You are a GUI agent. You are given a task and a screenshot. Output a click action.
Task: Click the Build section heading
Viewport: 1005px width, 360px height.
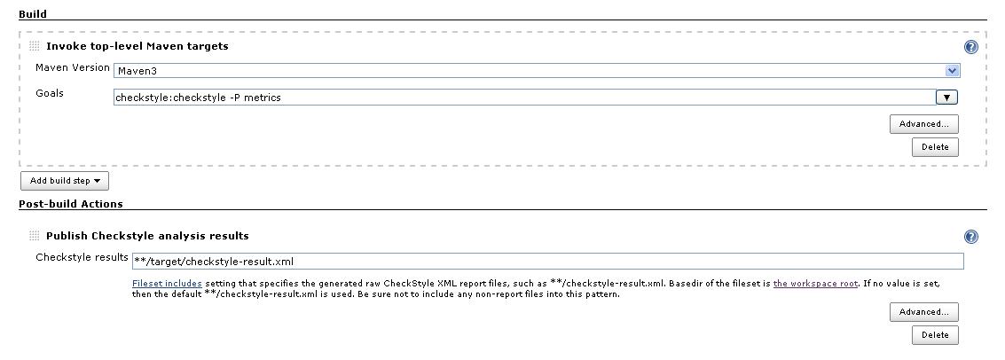point(33,14)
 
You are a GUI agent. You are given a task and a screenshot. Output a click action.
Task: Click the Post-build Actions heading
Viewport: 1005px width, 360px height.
point(71,204)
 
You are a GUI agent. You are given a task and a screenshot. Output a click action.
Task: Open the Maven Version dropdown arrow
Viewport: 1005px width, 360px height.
point(952,71)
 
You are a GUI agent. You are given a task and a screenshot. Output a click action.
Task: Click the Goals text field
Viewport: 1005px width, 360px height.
point(523,98)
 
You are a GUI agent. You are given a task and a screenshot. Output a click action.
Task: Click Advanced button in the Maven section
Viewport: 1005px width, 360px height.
point(923,124)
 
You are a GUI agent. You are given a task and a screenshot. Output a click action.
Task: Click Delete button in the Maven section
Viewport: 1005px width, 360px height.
point(934,147)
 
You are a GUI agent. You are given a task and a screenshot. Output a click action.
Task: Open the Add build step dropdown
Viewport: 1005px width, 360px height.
point(65,181)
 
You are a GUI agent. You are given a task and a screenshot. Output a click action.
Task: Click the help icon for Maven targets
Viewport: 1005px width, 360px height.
point(971,48)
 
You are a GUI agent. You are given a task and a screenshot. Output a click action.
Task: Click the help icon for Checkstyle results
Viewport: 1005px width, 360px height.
point(971,237)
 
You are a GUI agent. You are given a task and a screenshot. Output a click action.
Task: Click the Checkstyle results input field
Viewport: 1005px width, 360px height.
point(546,262)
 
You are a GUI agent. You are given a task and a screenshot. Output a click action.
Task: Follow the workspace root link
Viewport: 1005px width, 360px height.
point(815,284)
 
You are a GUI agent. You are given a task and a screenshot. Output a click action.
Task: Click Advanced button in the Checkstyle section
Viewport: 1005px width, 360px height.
point(923,312)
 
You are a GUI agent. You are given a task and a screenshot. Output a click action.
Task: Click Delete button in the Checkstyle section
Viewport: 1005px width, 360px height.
point(934,335)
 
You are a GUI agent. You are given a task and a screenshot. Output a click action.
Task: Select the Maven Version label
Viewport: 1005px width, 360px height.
point(73,68)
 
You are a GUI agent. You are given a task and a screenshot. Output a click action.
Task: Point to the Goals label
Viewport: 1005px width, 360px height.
point(50,93)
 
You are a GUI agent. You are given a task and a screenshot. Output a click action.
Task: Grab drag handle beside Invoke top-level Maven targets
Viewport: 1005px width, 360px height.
point(35,46)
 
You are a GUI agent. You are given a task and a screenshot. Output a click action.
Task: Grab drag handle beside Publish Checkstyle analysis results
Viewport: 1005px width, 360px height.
point(35,236)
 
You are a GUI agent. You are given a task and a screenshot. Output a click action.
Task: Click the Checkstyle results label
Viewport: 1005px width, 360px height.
point(82,258)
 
